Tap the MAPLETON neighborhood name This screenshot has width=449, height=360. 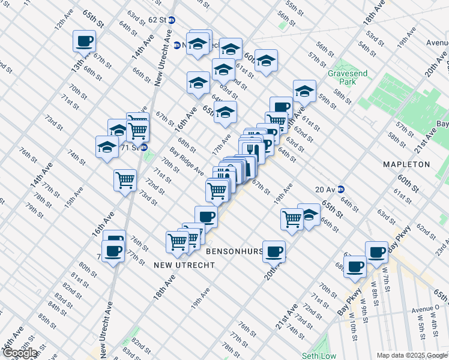407,164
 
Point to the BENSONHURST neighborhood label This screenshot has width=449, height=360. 235,251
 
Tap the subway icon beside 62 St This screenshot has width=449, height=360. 172,20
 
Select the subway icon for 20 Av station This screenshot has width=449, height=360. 340,189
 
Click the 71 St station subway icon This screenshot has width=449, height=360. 145,147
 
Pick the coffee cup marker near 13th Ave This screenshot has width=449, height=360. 84,42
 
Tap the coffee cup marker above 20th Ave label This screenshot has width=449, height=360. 274,252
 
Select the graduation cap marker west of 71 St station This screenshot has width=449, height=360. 107,148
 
